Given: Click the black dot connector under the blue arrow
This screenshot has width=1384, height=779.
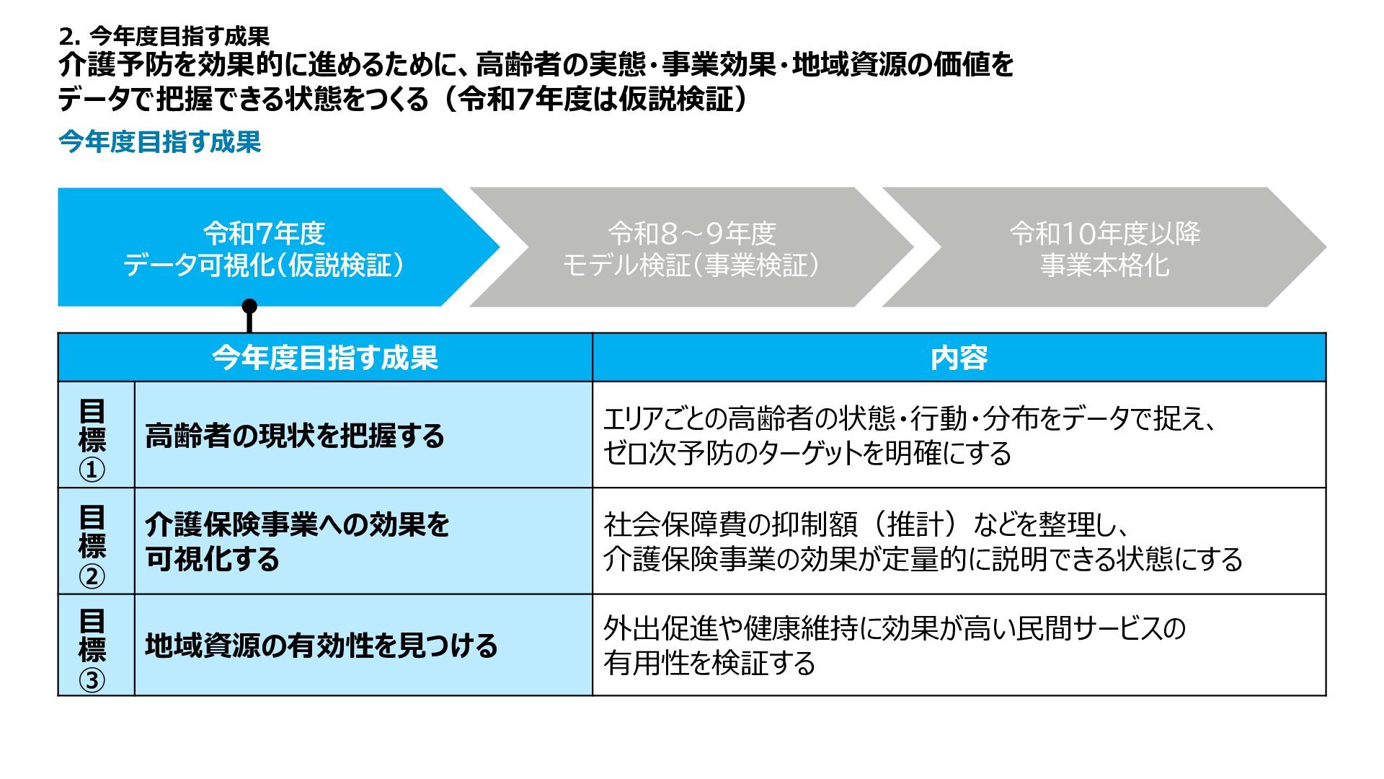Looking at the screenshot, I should [249, 307].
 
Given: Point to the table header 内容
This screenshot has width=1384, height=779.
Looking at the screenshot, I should [959, 358].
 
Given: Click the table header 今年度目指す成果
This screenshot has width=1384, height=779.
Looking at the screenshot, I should [324, 358].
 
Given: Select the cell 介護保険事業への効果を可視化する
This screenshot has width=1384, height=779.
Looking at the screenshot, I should [297, 542].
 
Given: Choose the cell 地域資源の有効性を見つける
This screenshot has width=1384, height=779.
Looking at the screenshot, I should [321, 646].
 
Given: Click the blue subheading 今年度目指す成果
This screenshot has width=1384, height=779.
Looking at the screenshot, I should [159, 142].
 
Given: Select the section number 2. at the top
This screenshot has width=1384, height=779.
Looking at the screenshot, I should [69, 36].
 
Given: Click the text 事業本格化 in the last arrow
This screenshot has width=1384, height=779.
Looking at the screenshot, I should [1104, 265].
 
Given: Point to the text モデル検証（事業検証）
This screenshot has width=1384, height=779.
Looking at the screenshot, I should [691, 265].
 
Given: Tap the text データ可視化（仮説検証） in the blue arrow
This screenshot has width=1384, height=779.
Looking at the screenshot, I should [264, 265].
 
